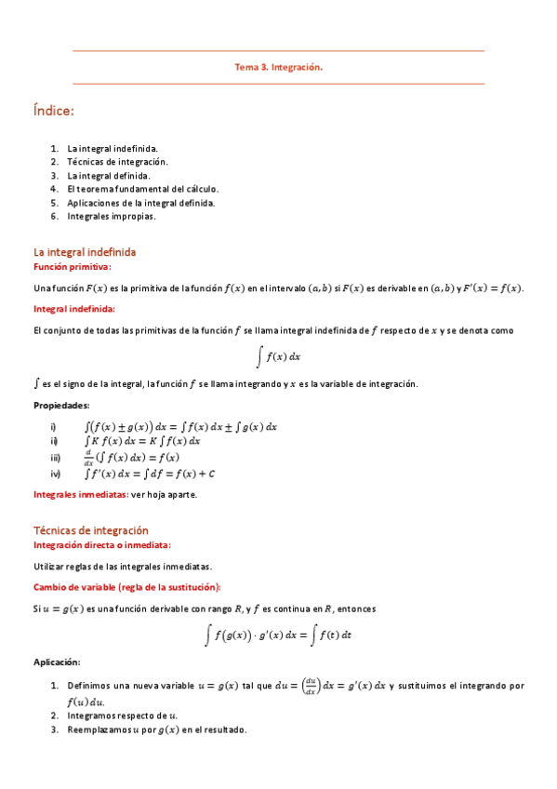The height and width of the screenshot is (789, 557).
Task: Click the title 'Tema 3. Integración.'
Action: pyautogui.click(x=278, y=67)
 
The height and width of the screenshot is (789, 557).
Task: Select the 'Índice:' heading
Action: pyautogui.click(x=53, y=112)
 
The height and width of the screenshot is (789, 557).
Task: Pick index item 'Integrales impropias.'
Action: pyautogui.click(x=111, y=216)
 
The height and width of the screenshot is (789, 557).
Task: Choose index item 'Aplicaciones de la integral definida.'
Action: pyautogui.click(x=140, y=202)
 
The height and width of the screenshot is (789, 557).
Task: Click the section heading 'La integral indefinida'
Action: pyautogui.click(x=85, y=252)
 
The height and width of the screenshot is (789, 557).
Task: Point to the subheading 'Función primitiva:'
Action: pyautogui.click(x=72, y=267)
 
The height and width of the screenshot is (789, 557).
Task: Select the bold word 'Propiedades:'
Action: pyautogui.click(x=61, y=406)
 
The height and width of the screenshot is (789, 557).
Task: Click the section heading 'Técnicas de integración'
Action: pyautogui.click(x=90, y=529)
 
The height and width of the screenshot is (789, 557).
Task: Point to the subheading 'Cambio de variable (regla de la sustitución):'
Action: pyautogui.click(x=126, y=587)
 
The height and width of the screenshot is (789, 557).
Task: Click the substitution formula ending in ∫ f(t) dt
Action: pyautogui.click(x=278, y=635)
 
